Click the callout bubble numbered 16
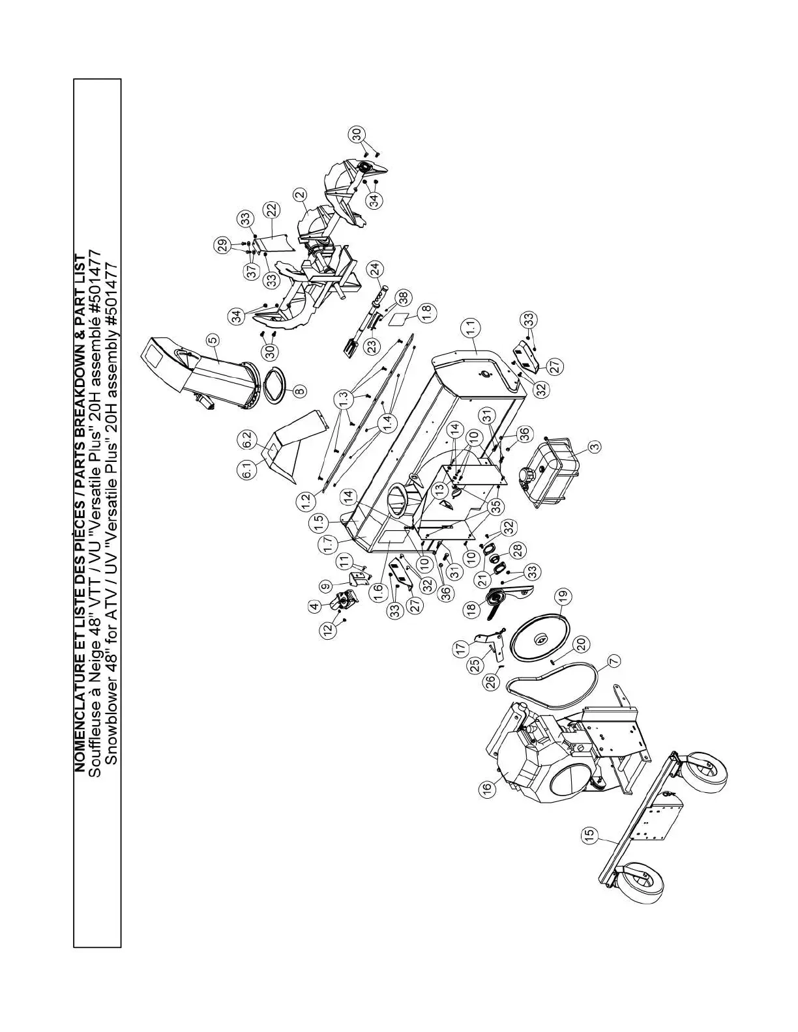(x=486, y=788)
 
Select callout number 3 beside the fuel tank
(x=594, y=446)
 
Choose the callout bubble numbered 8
(x=299, y=392)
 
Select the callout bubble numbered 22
(x=271, y=210)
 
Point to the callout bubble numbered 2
(x=300, y=194)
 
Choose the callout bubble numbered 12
(x=328, y=627)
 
